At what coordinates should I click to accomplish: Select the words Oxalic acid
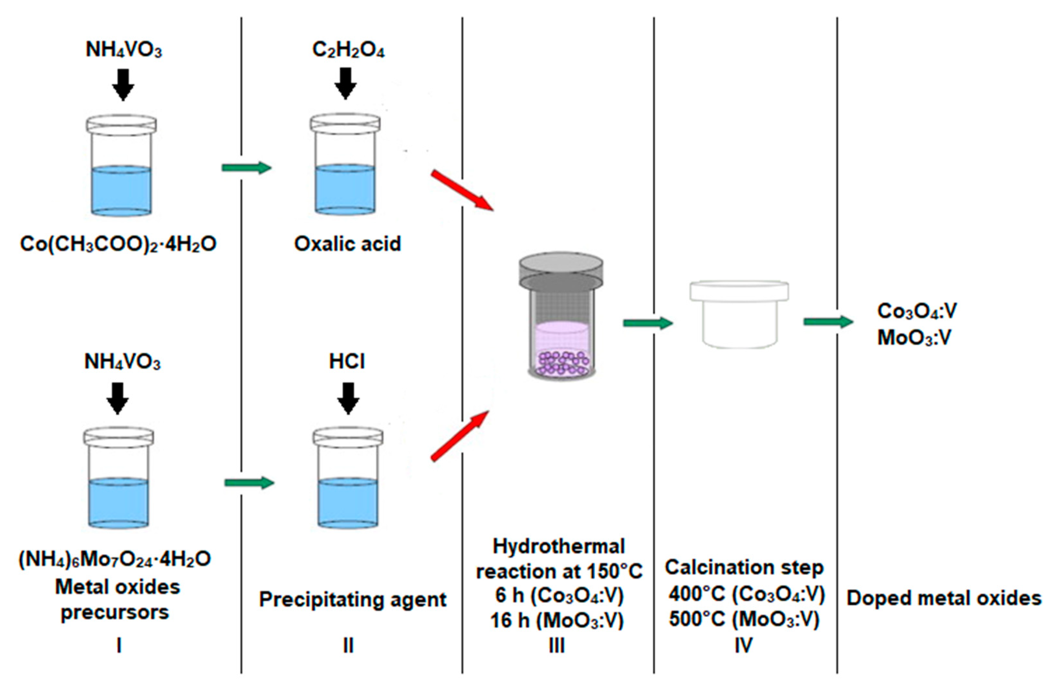pyautogui.click(x=348, y=244)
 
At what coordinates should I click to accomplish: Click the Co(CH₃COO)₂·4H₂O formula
pyautogui.click(x=118, y=244)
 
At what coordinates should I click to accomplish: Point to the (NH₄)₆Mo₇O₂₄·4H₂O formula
pyautogui.click(x=115, y=559)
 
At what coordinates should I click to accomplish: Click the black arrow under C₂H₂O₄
pyautogui.click(x=346, y=84)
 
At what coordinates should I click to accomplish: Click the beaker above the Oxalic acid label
pyautogui.click(x=345, y=165)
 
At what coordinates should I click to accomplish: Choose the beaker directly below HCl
pyautogui.click(x=348, y=478)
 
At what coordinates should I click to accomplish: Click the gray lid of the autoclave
pyautogui.click(x=561, y=270)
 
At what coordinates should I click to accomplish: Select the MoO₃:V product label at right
pyautogui.click(x=914, y=338)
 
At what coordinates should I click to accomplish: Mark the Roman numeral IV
pyautogui.click(x=743, y=645)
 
